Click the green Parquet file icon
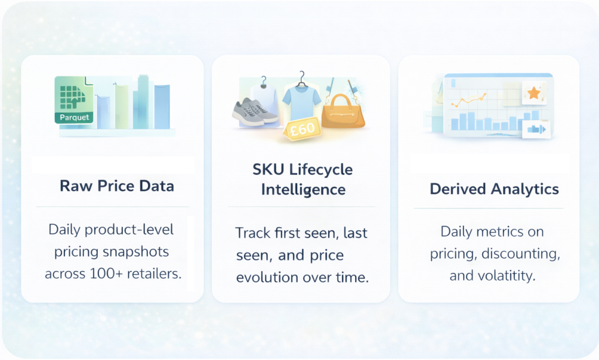coord(74,100)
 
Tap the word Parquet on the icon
coord(74,117)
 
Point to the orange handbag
coord(343,111)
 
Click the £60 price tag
coord(302,129)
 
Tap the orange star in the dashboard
coord(533,93)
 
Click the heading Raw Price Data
coord(117,186)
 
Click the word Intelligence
coord(304,190)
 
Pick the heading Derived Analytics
coord(494,189)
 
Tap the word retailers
coord(154,273)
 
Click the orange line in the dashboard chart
coord(469,100)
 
